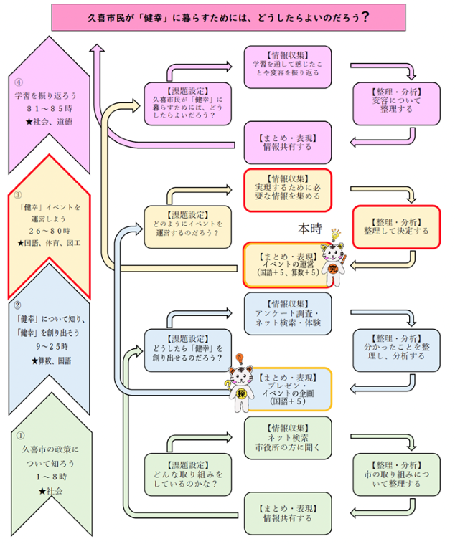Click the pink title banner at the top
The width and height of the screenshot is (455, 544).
tap(227, 16)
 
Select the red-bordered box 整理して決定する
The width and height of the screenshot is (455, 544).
tap(395, 226)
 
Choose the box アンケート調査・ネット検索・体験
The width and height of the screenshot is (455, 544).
tap(287, 313)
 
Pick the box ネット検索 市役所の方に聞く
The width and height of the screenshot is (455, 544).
tap(287, 437)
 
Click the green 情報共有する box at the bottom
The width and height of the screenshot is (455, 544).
tap(287, 512)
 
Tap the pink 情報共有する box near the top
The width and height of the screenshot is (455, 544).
tap(287, 144)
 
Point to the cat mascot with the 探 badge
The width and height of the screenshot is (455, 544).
tap(240, 381)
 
